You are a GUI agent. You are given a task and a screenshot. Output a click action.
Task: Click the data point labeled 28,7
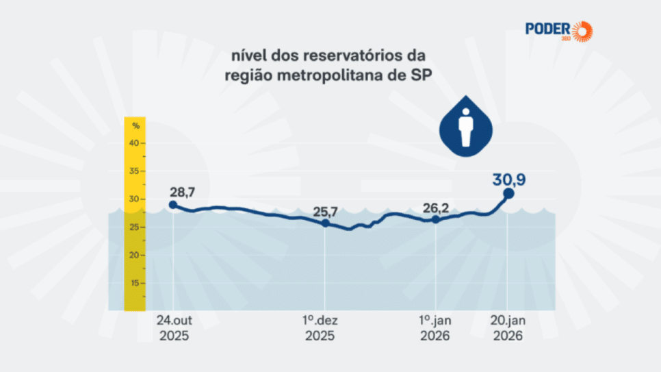tap(173, 204)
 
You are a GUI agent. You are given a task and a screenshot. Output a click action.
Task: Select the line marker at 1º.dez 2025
tap(325, 223)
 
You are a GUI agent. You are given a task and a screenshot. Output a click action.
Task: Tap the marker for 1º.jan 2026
tap(435, 220)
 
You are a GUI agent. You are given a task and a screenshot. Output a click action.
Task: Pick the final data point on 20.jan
tap(508, 193)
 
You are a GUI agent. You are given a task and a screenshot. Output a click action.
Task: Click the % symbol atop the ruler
tap(135, 125)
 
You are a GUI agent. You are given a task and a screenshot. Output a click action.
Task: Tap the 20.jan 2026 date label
tap(507, 327)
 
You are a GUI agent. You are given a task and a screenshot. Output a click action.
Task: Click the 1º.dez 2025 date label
tap(320, 327)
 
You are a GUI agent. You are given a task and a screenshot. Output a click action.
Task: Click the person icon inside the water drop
tap(466, 127)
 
